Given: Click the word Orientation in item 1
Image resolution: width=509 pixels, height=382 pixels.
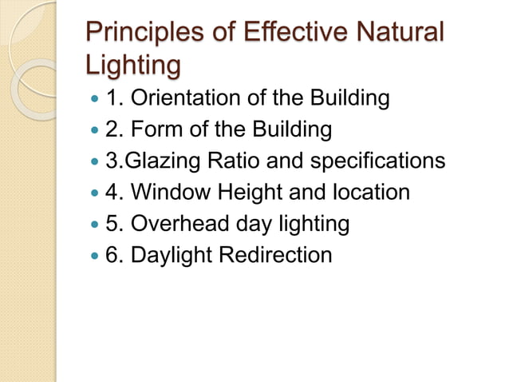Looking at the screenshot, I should coord(176,99).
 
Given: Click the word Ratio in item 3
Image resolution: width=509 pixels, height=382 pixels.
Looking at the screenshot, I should coord(235,161).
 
